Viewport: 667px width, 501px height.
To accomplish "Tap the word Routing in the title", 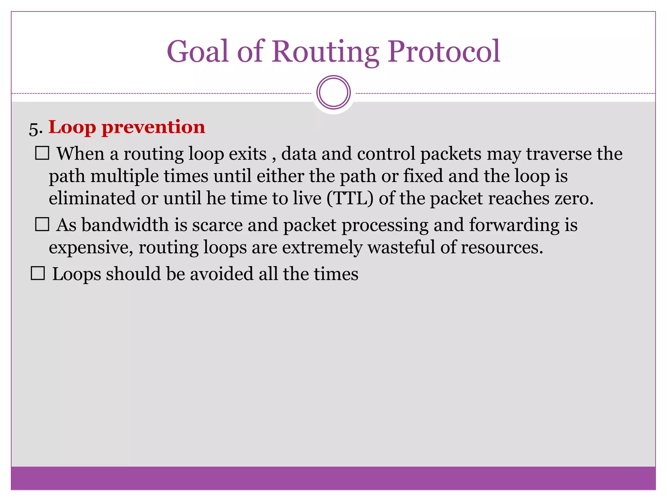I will coord(325,52).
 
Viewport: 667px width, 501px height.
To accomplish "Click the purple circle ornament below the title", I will coord(333,92).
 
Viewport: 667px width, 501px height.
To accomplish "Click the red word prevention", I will coord(153,127).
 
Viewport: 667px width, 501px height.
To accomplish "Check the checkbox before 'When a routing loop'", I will coord(42,153).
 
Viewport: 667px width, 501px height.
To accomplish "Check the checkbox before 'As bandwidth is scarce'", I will coord(42,224).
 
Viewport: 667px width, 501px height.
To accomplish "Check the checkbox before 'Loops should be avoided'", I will coord(38,273).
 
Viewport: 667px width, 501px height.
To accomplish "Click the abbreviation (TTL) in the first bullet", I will coord(350,198).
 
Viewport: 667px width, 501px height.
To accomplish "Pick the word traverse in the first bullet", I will coord(559,154).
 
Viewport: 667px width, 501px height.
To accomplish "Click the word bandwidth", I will coord(125,225).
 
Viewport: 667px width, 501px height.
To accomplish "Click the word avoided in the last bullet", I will coord(221,274).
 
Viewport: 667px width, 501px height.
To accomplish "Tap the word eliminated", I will coord(92,198).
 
